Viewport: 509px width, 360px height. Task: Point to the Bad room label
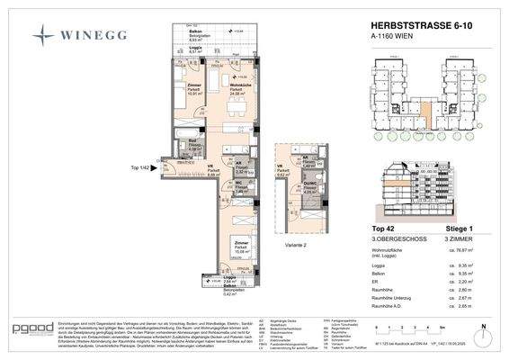coord(192,143)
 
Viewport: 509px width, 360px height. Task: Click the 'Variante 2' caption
coord(295,216)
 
